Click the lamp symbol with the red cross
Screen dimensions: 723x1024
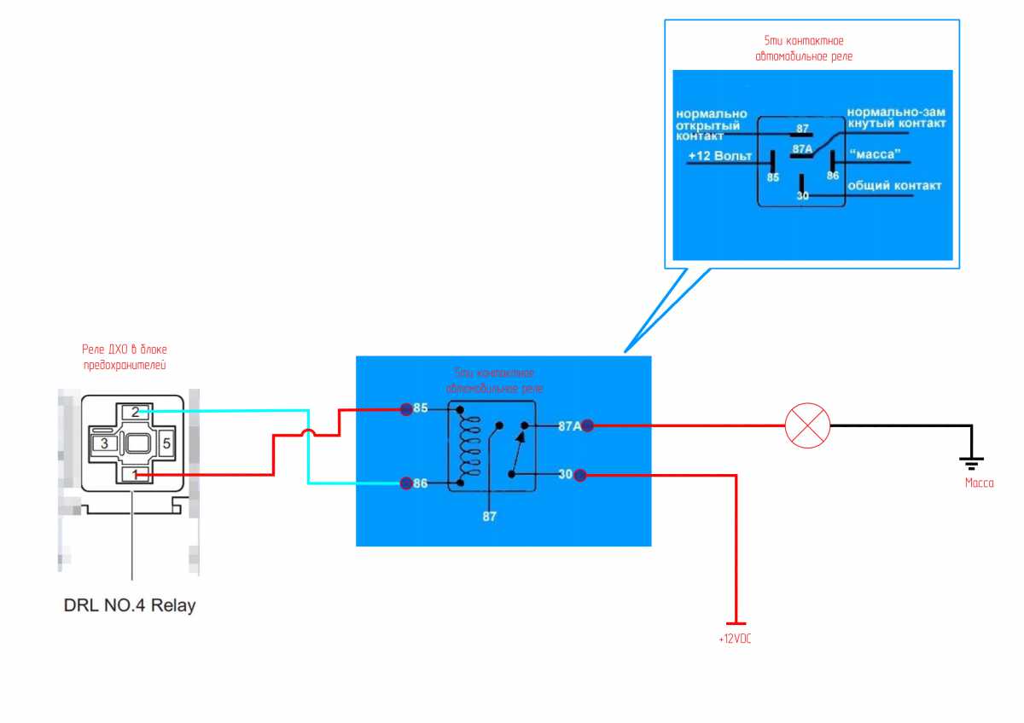tap(807, 425)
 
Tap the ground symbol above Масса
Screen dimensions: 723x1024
tap(971, 461)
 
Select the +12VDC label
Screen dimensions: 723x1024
tap(735, 639)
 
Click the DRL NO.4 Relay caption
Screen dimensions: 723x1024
tap(130, 606)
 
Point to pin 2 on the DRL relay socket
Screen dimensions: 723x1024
tap(135, 412)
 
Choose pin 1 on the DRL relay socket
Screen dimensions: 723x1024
tap(135, 474)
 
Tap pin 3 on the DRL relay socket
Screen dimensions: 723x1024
tap(104, 443)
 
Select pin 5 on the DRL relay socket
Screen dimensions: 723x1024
tap(166, 443)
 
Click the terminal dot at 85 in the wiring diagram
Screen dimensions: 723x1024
tap(406, 409)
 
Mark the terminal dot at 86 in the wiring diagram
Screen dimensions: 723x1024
tap(406, 483)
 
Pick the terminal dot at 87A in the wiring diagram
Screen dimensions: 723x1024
tap(587, 425)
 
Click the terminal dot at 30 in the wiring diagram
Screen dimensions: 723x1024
tap(580, 474)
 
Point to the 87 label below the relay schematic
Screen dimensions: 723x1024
tap(489, 516)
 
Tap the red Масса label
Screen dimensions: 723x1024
tap(979, 483)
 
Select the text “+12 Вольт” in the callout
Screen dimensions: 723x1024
tap(720, 157)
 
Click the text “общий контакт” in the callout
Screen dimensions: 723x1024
tap(893, 186)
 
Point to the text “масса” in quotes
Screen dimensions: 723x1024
tap(873, 155)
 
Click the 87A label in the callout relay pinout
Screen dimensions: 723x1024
tap(802, 148)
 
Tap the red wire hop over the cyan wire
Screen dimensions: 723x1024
tap(309, 435)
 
